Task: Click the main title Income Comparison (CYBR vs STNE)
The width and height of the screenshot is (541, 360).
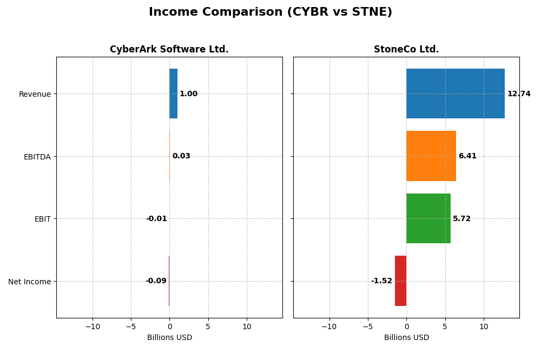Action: click(x=270, y=12)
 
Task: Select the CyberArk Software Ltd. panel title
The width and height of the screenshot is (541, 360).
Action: click(x=169, y=49)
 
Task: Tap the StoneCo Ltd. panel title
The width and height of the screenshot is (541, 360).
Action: click(x=406, y=49)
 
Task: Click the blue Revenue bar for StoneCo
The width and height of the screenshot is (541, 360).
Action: click(x=455, y=94)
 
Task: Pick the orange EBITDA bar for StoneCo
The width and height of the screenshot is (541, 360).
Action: click(x=431, y=156)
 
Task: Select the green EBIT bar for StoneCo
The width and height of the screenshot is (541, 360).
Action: click(x=428, y=218)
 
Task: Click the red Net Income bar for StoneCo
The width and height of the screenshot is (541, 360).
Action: click(x=400, y=281)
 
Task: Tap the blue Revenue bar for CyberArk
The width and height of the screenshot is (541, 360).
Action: click(x=173, y=94)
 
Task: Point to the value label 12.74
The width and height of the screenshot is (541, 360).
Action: click(x=518, y=94)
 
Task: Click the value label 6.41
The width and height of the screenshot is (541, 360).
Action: click(x=467, y=156)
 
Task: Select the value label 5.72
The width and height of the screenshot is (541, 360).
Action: click(x=461, y=219)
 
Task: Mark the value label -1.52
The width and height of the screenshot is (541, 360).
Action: click(x=381, y=281)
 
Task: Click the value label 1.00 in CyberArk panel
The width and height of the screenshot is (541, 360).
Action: click(x=188, y=94)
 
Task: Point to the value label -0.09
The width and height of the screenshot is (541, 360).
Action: click(x=156, y=281)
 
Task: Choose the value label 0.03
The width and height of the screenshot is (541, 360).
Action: click(x=181, y=156)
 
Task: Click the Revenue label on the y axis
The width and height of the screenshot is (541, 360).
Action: click(x=35, y=94)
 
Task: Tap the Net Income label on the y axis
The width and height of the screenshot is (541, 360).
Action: click(x=30, y=282)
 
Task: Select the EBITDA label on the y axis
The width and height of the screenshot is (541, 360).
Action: click(x=37, y=157)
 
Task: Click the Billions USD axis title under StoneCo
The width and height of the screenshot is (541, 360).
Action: click(x=406, y=337)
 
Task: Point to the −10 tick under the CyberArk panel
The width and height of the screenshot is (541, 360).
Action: click(x=92, y=326)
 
